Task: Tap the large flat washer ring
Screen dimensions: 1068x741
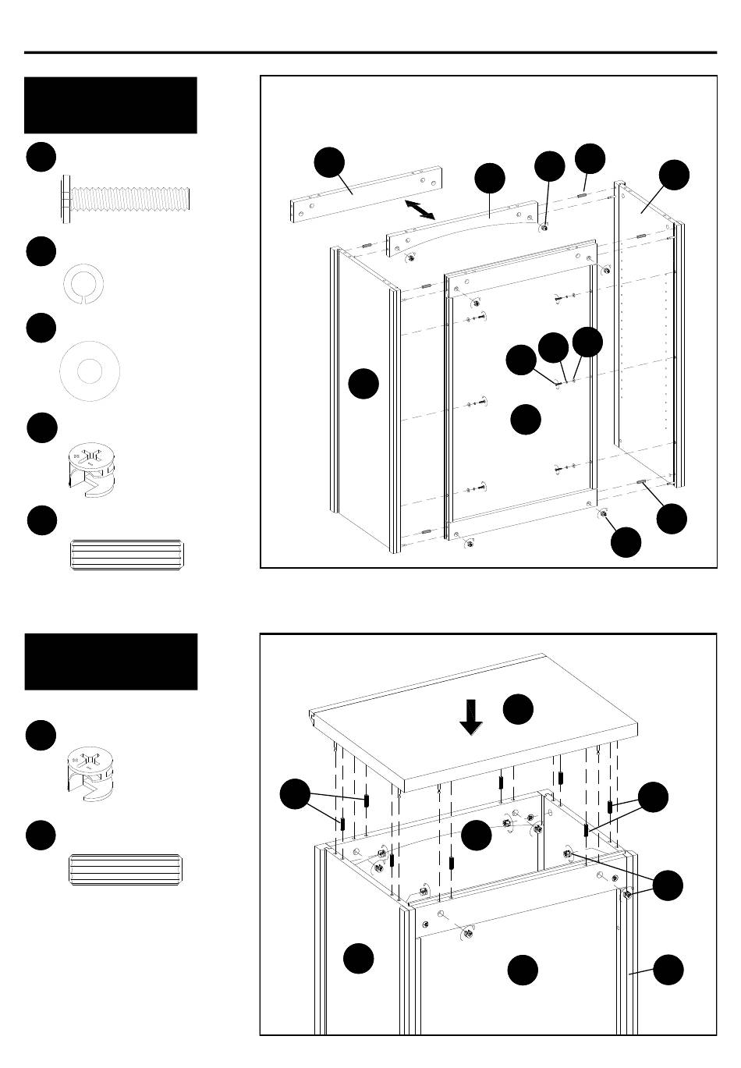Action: point(89,371)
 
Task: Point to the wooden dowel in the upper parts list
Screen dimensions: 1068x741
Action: point(126,554)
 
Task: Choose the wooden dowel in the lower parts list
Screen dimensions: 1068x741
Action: point(126,870)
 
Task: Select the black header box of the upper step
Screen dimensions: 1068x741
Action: point(111,105)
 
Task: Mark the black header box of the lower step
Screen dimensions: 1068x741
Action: point(111,662)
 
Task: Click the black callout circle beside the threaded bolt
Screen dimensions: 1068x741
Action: point(41,157)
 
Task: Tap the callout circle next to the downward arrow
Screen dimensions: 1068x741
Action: point(518,709)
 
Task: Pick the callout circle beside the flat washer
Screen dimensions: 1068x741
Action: point(41,328)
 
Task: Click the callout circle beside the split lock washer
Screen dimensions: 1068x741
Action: point(41,251)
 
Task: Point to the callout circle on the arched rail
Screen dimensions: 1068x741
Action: point(490,179)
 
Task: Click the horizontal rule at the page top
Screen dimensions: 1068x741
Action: point(370,53)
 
